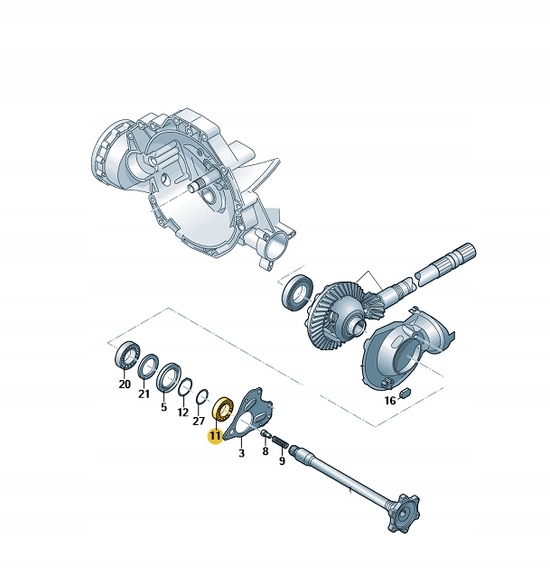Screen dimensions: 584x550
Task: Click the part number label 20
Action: click(125, 384)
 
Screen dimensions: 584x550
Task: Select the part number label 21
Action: click(144, 394)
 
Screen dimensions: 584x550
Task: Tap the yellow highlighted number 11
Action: click(214, 436)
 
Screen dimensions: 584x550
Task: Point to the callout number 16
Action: click(390, 400)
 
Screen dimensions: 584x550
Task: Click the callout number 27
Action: click(199, 421)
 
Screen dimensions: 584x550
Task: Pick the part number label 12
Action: click(182, 413)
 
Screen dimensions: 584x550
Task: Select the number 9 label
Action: click(282, 460)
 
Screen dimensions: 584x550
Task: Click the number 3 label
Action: click(241, 454)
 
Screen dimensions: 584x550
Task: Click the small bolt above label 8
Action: click(266, 434)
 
